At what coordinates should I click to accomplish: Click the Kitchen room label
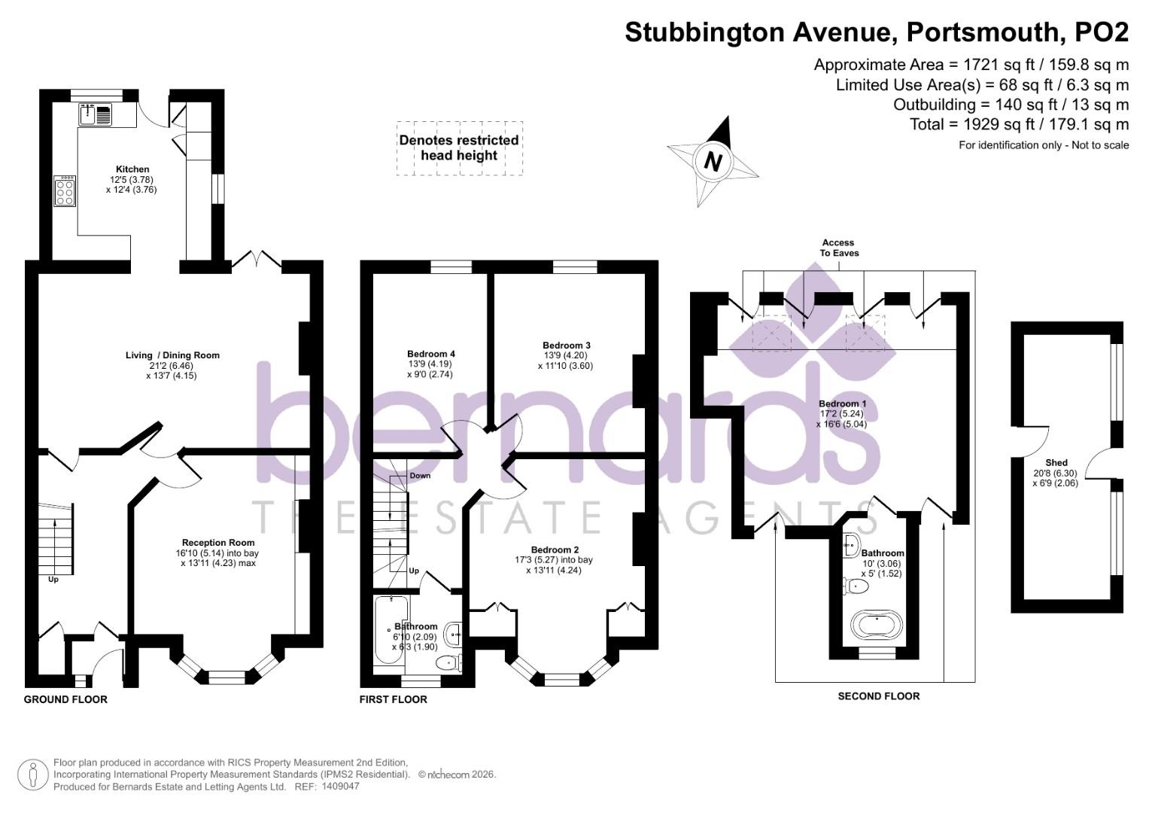pyautogui.click(x=132, y=169)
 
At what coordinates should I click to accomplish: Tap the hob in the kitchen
pyautogui.click(x=65, y=190)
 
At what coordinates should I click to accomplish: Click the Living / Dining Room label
pyautogui.click(x=172, y=355)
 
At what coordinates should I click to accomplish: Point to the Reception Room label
pyautogui.click(x=218, y=543)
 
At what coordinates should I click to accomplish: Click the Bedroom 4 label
pyautogui.click(x=430, y=354)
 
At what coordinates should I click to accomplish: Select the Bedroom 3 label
pyautogui.click(x=566, y=346)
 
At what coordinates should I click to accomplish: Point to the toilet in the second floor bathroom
pyautogui.click(x=855, y=584)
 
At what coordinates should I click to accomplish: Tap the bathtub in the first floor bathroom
pyautogui.click(x=390, y=630)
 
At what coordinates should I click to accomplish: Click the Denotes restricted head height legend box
pyautogui.click(x=459, y=148)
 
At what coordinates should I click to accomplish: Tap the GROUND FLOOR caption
pyautogui.click(x=65, y=699)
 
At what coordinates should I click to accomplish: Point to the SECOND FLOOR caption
pyautogui.click(x=878, y=696)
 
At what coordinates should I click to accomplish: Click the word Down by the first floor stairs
pyautogui.click(x=420, y=476)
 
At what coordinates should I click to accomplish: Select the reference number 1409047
pyautogui.click(x=340, y=786)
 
